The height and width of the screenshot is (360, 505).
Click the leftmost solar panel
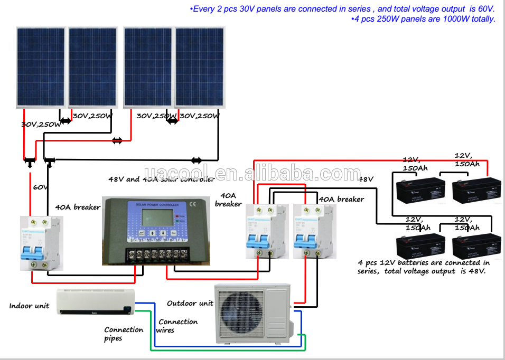point(41,67)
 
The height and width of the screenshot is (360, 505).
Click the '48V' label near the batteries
point(366,179)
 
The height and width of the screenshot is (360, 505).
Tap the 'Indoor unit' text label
point(29,306)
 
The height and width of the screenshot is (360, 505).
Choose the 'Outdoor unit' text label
point(190,303)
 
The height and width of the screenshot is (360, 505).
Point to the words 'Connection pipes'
point(124,334)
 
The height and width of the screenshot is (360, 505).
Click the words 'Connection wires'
point(177,326)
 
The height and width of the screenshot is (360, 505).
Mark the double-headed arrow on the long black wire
point(196,160)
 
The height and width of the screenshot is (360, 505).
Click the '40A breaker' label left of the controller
point(78,207)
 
